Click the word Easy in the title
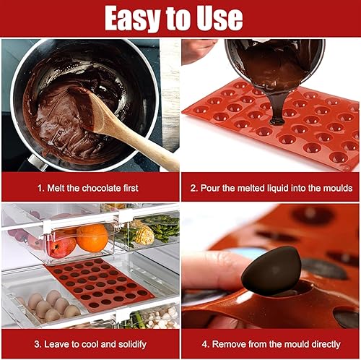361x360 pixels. coord(132,19)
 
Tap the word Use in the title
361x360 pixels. coord(219,18)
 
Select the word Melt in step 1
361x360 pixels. coord(56,188)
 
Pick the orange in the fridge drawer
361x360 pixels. coord(92,238)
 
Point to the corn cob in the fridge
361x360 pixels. coord(144,234)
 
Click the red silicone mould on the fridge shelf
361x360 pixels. coord(99,284)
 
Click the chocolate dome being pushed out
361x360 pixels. coord(271,272)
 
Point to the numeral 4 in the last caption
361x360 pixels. coord(204,344)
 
